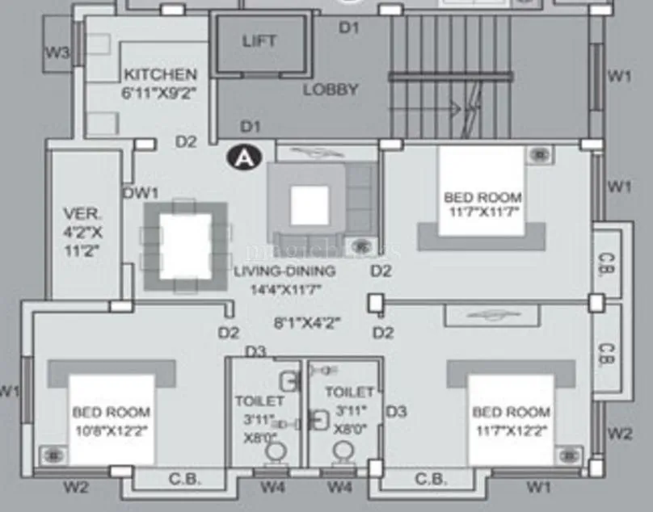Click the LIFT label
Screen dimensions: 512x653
pyautogui.click(x=259, y=41)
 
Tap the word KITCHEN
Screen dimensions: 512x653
pyautogui.click(x=160, y=74)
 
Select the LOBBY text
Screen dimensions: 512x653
pyautogui.click(x=331, y=90)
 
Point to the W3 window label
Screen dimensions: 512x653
pyautogui.click(x=57, y=54)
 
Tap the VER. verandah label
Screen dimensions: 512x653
pyautogui.click(x=82, y=215)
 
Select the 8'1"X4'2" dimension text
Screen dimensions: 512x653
pyautogui.click(x=306, y=323)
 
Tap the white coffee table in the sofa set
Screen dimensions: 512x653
pyautogui.click(x=310, y=205)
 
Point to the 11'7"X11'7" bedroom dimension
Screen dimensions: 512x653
pyautogui.click(x=482, y=212)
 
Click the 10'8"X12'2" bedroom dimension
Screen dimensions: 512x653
pyautogui.click(x=111, y=429)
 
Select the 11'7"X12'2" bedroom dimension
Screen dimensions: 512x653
pyautogui.click(x=511, y=430)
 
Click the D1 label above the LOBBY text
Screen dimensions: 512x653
pyautogui.click(x=348, y=28)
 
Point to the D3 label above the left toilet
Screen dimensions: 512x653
pyautogui.click(x=256, y=351)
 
